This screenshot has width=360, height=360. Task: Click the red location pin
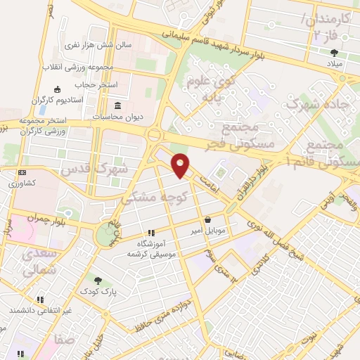[181, 165]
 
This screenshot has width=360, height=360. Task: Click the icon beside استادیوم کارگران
[57, 89]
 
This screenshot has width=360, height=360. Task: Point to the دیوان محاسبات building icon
[117, 106]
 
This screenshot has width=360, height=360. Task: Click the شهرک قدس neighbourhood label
[94, 169]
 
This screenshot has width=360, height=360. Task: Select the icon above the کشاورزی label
[22, 172]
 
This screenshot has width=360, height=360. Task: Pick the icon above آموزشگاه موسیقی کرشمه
[150, 233]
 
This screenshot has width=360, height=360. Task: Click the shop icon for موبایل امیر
[207, 219]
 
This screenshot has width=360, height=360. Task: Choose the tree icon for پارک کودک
[97, 280]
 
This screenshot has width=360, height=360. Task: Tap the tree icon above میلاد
[333, 53]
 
